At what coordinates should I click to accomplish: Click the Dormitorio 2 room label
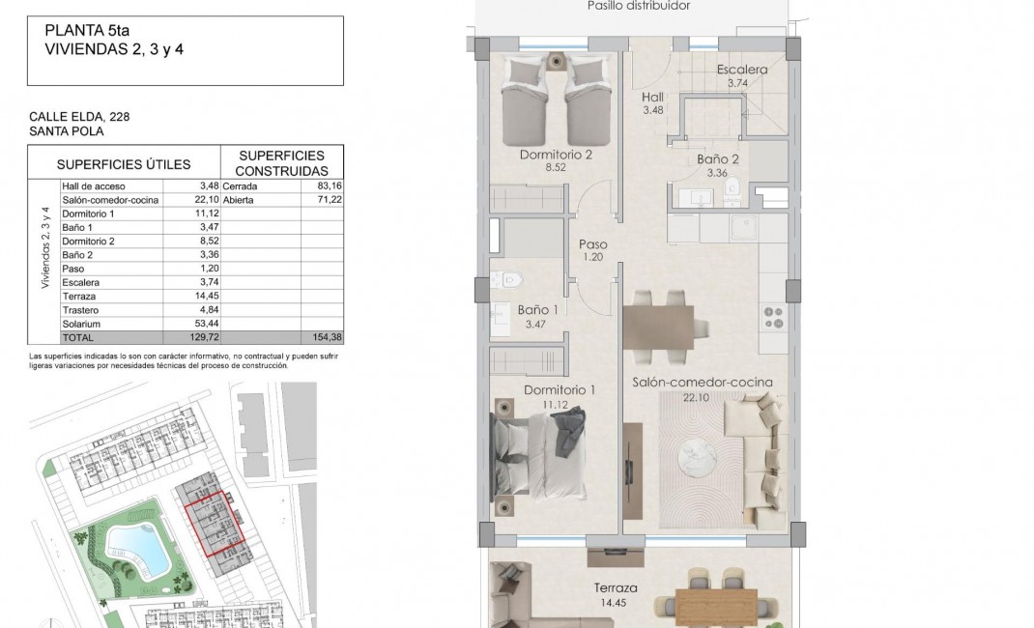point(555,154)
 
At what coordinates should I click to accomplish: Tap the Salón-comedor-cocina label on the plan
point(703,382)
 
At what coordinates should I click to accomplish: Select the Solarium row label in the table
point(81,324)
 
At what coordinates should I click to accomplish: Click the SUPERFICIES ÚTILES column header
point(124,164)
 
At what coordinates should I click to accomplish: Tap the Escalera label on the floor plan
point(742,70)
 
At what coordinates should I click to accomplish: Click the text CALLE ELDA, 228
point(80,117)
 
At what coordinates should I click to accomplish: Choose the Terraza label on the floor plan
point(616,587)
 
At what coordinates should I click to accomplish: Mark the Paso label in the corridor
point(592,244)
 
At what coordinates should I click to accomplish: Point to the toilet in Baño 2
point(732,187)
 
